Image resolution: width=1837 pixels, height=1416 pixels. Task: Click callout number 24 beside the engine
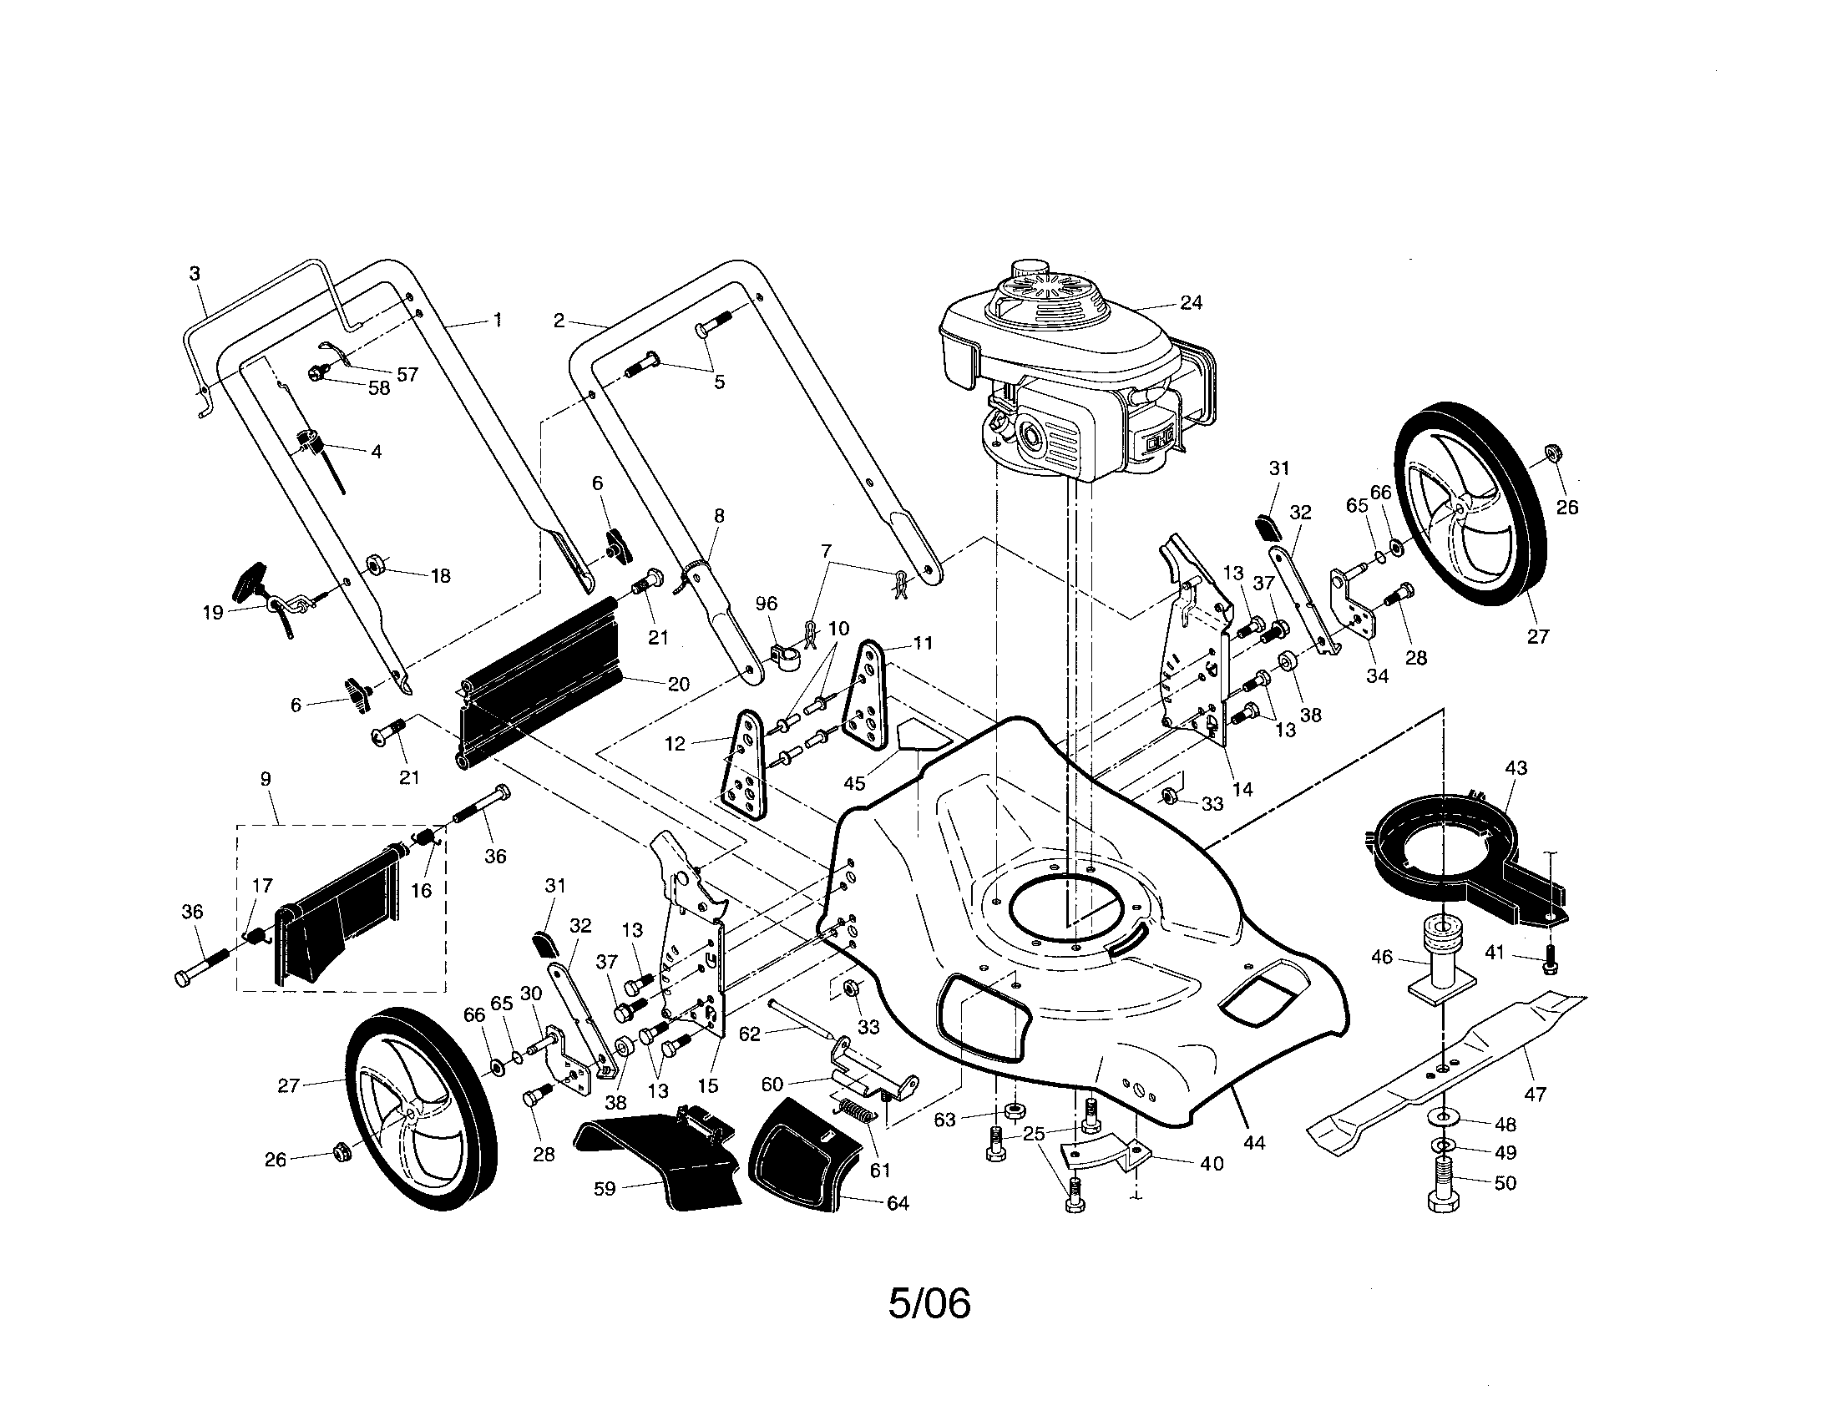tap(1191, 303)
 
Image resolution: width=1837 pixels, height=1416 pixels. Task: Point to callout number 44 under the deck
tap(1253, 1142)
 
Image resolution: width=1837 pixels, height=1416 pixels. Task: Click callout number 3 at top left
tap(195, 273)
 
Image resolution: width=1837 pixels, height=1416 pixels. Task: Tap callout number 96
tap(767, 604)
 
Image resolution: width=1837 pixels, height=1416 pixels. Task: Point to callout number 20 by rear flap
tap(678, 684)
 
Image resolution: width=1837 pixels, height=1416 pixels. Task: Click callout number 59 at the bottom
tap(605, 1188)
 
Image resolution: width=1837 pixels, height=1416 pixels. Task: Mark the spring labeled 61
tap(856, 1112)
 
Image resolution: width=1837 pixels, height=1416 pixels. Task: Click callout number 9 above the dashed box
tap(266, 780)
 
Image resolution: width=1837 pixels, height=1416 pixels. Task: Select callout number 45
tap(853, 783)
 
